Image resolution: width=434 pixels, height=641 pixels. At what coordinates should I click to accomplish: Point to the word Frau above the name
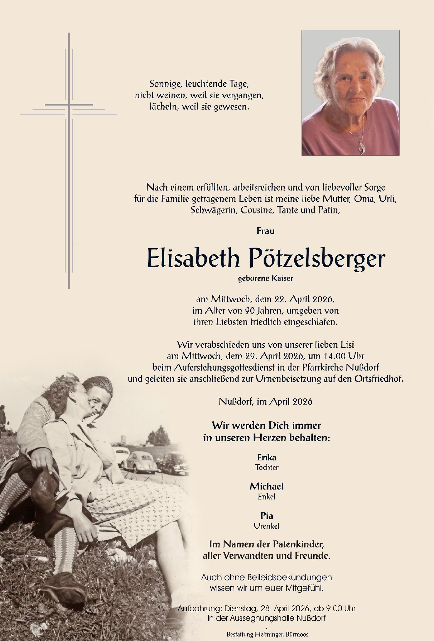(x=265, y=231)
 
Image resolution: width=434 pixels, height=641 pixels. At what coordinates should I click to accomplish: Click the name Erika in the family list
(x=266, y=457)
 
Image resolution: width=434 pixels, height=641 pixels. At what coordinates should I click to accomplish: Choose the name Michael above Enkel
(x=266, y=486)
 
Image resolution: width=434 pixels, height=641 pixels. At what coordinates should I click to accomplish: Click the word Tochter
(x=266, y=468)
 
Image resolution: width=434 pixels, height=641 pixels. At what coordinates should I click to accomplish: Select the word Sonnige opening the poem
(x=166, y=84)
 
